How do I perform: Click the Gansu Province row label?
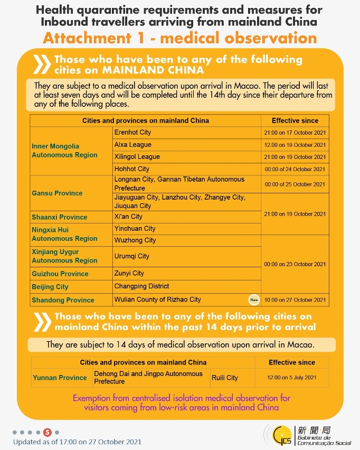[x=57, y=193]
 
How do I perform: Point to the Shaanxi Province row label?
[x=59, y=217]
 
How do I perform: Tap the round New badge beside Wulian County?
[x=254, y=300]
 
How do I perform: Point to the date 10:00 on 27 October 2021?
[x=295, y=300]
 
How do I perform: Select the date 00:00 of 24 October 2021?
[x=295, y=170]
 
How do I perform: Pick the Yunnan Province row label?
[x=60, y=378]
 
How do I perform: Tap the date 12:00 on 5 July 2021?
[x=292, y=378]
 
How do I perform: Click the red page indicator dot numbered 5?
[x=48, y=432]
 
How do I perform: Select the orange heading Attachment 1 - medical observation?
[x=180, y=38]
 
